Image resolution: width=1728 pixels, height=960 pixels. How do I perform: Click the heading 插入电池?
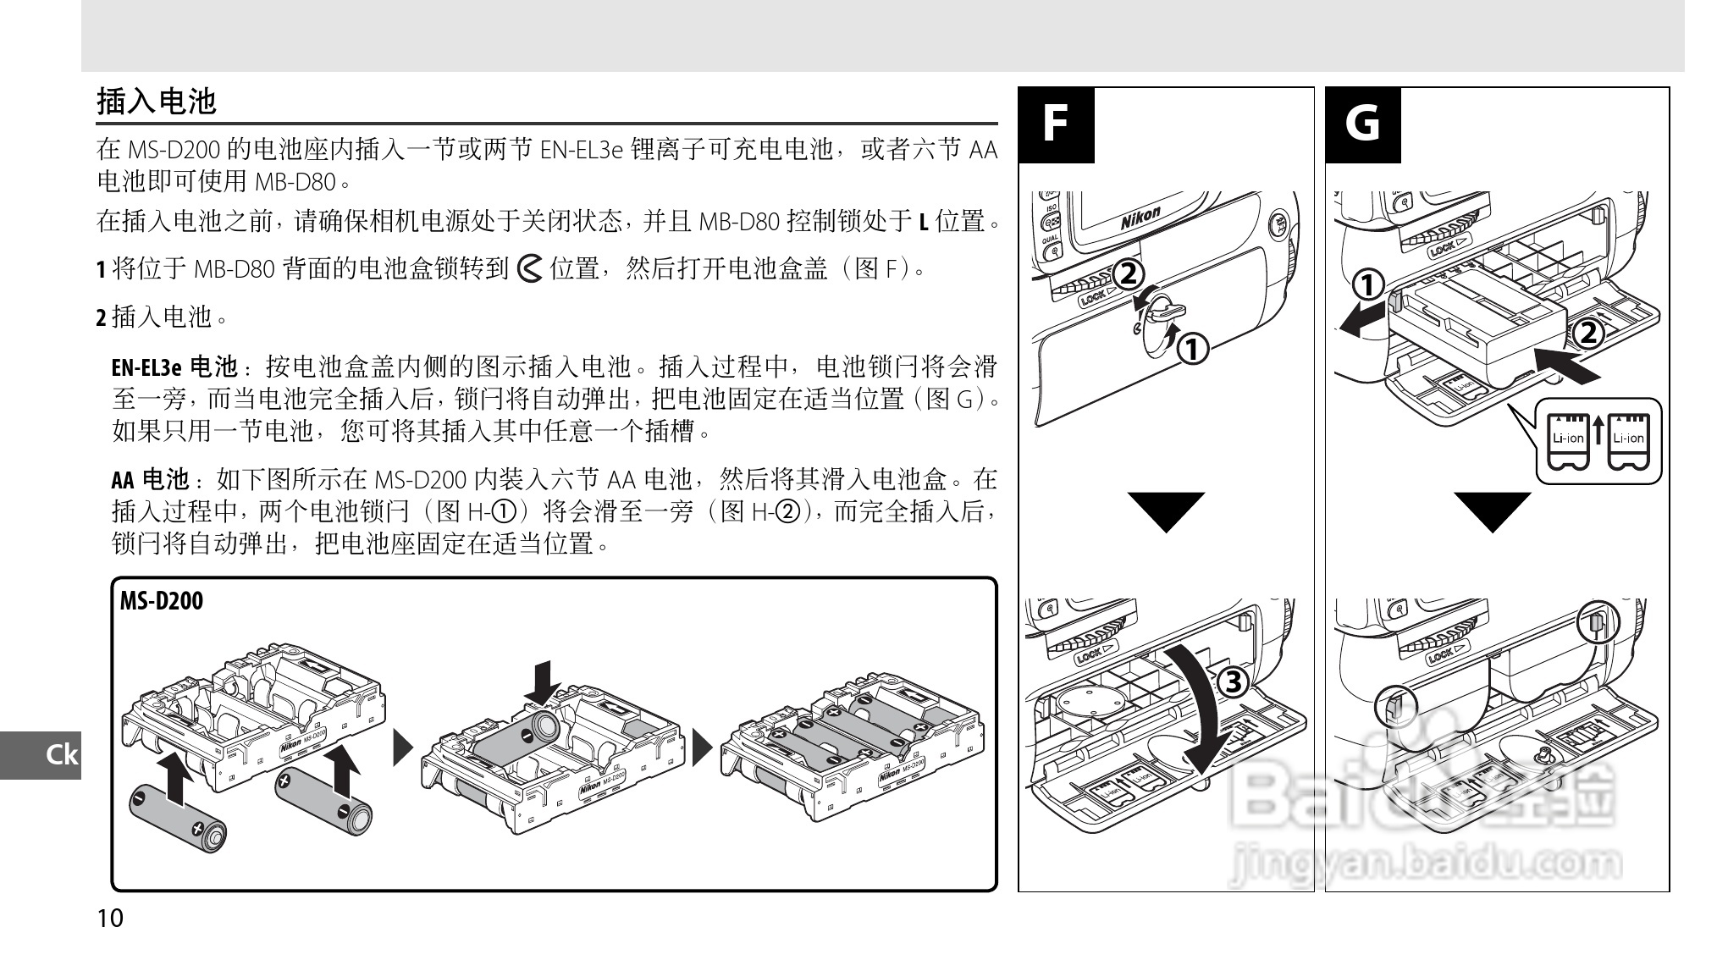click(x=157, y=102)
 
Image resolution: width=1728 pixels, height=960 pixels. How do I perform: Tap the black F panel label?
click(x=1055, y=124)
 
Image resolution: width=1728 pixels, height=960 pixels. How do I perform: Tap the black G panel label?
click(x=1362, y=124)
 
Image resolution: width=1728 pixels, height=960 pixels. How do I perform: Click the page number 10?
click(x=110, y=919)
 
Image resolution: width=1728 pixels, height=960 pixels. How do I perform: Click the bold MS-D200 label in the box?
click(x=161, y=601)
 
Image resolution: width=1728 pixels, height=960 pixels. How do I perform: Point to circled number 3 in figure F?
click(x=1233, y=682)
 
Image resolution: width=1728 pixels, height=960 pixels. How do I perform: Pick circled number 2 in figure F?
click(x=1128, y=273)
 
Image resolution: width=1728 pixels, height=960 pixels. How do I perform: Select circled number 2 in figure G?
click(x=1588, y=333)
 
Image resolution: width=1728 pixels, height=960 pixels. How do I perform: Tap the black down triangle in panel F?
click(x=1166, y=510)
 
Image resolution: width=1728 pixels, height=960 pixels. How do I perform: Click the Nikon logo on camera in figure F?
click(x=1140, y=218)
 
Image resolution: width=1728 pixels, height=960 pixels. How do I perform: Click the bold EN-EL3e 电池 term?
click(x=174, y=367)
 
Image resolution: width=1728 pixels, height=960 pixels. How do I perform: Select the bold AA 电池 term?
click(x=150, y=481)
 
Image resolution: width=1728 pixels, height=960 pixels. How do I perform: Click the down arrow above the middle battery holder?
click(x=542, y=682)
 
